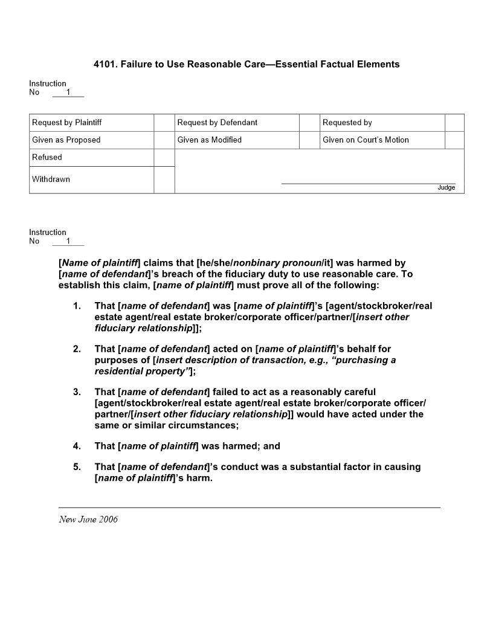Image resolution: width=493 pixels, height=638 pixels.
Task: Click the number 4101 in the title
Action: pyautogui.click(x=105, y=64)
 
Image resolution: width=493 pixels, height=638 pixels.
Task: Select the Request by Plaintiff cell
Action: pyautogui.click(x=66, y=123)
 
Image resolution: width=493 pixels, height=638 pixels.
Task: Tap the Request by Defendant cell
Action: pyautogui.click(x=217, y=123)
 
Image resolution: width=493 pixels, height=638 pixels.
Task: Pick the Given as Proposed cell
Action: pyautogui.click(x=66, y=140)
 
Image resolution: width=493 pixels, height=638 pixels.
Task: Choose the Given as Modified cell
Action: pyautogui.click(x=209, y=140)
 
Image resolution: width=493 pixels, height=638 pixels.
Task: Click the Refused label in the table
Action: pyautogui.click(x=47, y=157)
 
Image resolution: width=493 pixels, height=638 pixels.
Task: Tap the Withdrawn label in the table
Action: pyautogui.click(x=51, y=179)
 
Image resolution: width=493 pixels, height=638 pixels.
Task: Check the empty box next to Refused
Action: pyautogui.click(x=164, y=157)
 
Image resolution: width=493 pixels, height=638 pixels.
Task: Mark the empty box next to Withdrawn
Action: pyautogui.click(x=164, y=179)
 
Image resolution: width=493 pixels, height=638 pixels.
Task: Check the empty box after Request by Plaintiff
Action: pyautogui.click(x=164, y=123)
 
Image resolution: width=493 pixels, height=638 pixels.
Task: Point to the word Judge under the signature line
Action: pyautogui.click(x=446, y=188)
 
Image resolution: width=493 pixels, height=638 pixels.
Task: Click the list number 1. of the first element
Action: pyautogui.click(x=77, y=306)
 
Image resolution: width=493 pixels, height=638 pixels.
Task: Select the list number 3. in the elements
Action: pyautogui.click(x=77, y=392)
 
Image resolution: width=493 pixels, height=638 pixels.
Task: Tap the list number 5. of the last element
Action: pyautogui.click(x=77, y=467)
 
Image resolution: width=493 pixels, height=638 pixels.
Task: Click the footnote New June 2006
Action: pyautogui.click(x=88, y=520)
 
